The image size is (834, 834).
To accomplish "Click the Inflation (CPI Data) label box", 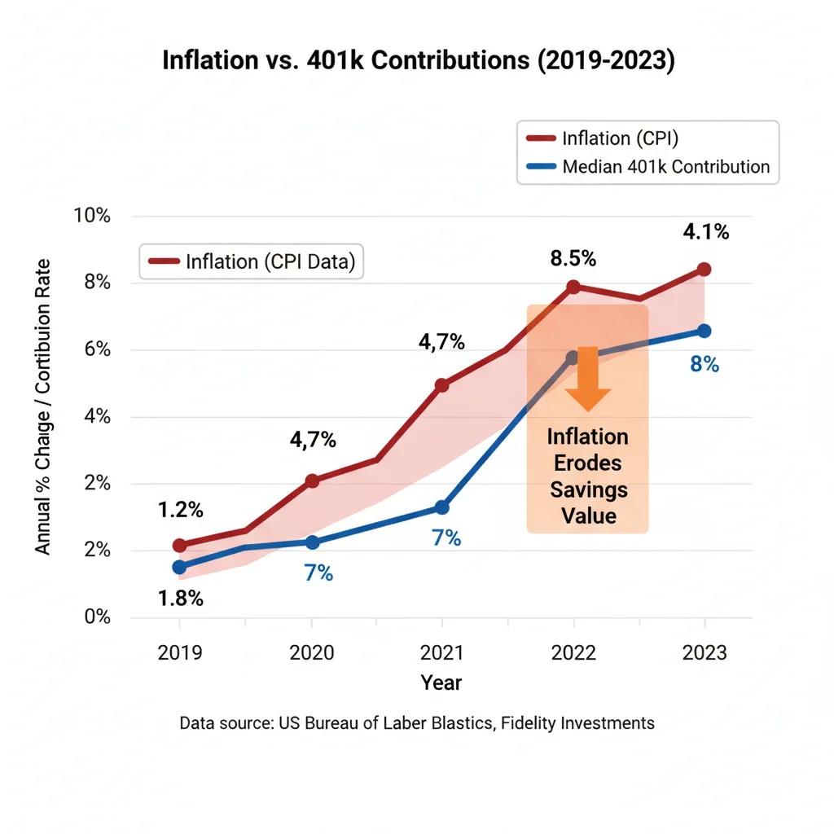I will tap(252, 261).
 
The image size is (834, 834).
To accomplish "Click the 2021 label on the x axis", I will tap(441, 653).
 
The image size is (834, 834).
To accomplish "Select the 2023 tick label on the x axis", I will tap(705, 653).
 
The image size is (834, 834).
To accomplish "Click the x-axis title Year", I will tap(441, 683).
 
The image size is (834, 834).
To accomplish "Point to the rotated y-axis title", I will tap(43, 406).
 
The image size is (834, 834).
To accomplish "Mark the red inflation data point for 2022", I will tap(573, 287).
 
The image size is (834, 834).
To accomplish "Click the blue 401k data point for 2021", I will tap(441, 507).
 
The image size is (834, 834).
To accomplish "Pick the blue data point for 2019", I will tap(179, 567).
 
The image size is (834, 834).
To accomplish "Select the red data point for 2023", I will tap(705, 270).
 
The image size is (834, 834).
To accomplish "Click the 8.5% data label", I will tap(573, 259).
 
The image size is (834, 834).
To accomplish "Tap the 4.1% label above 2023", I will tap(705, 232).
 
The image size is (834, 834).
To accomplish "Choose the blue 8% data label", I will tap(705, 365).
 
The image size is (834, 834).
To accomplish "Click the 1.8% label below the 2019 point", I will tap(179, 599).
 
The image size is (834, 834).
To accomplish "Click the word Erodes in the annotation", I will tap(588, 463).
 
